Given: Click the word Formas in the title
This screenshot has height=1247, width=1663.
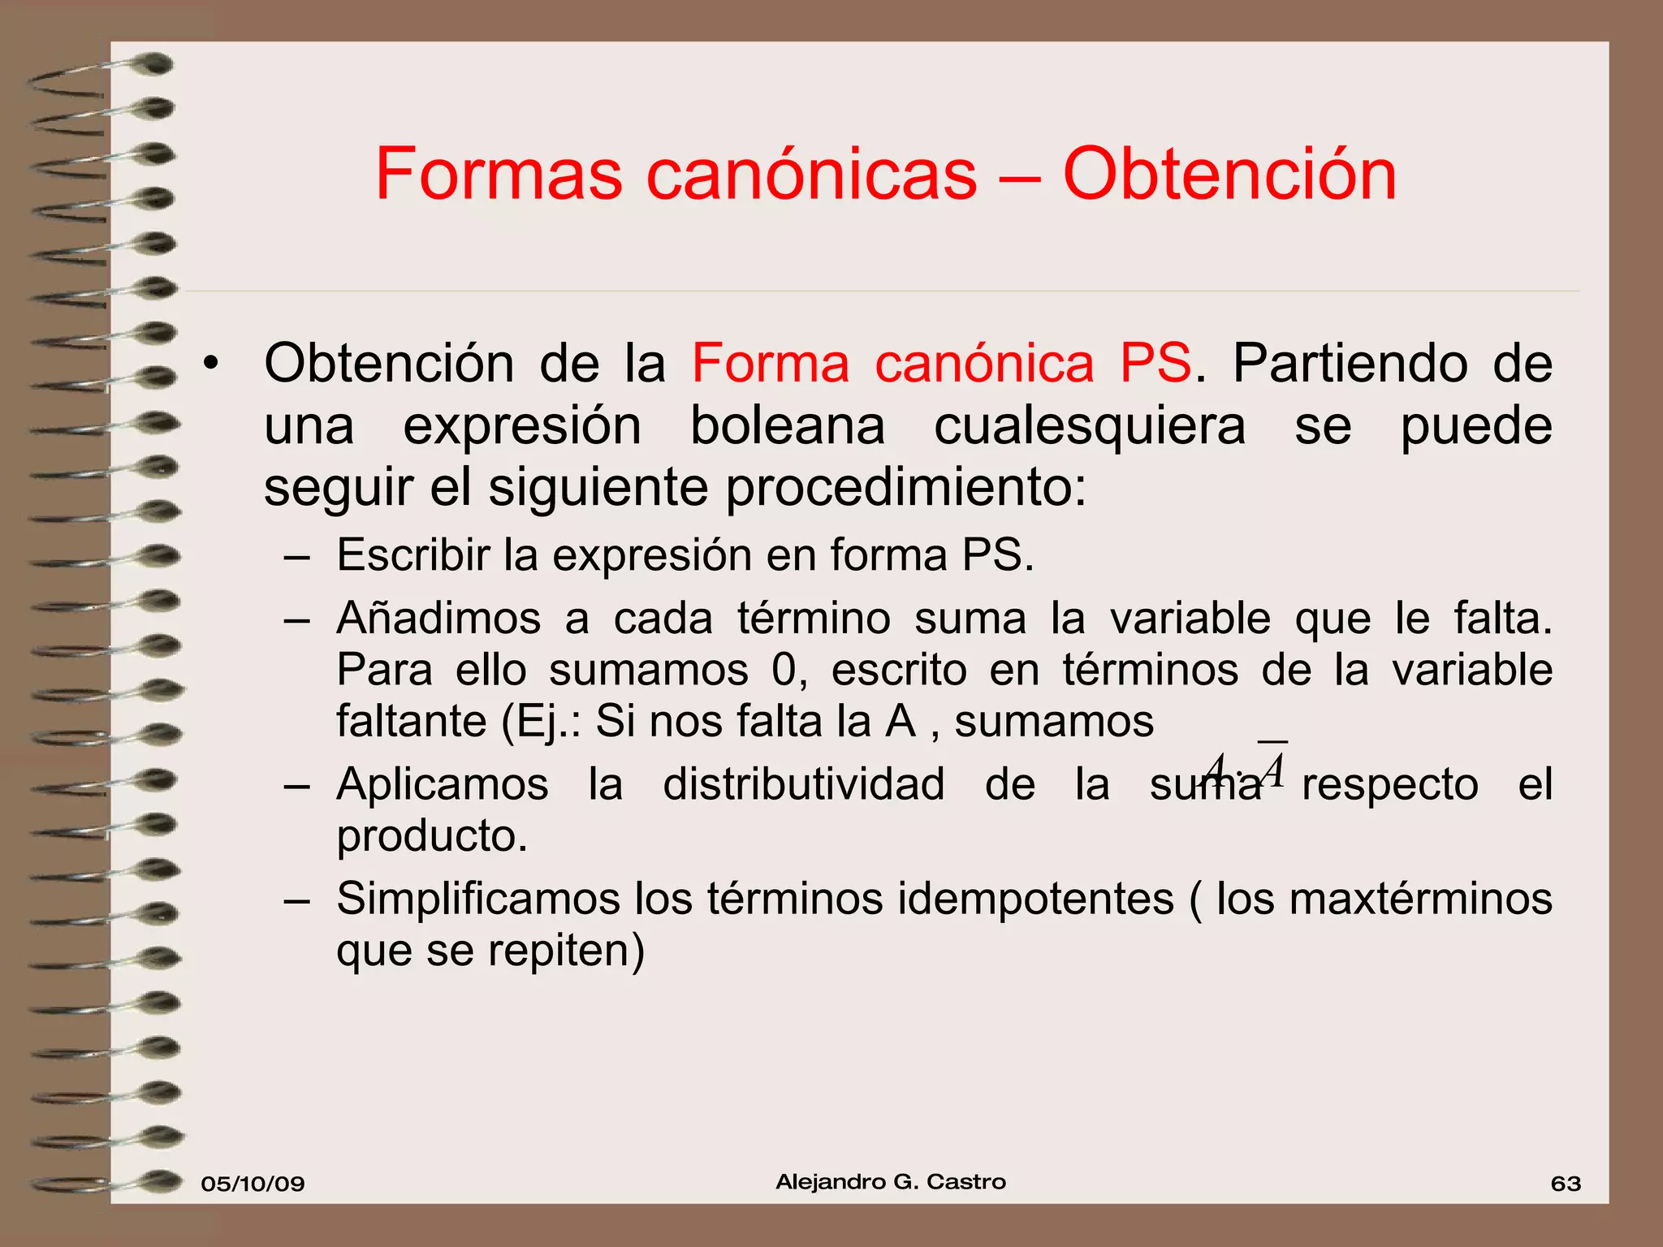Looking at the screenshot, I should click(499, 175).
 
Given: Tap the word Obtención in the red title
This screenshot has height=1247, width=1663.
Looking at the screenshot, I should click(1229, 175).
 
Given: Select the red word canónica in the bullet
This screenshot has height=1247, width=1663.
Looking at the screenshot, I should click(984, 363).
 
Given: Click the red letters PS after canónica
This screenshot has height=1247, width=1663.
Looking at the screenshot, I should click(1155, 363).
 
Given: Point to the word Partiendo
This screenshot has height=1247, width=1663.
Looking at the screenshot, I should click(1350, 363).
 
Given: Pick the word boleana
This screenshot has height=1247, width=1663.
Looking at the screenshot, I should click(787, 426).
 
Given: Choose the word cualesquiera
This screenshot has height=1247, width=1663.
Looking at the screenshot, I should click(1090, 426).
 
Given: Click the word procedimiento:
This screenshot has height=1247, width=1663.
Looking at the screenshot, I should click(905, 488).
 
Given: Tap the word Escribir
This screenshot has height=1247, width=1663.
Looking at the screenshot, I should click(413, 556).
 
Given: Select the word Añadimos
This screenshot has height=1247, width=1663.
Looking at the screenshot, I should click(438, 619).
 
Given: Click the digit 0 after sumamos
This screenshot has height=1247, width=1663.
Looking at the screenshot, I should click(785, 671).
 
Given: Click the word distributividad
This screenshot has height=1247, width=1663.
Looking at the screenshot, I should click(803, 785).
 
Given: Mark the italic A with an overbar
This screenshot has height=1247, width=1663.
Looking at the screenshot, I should click(1273, 769).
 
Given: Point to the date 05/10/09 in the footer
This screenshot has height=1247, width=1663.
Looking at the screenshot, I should click(253, 1184).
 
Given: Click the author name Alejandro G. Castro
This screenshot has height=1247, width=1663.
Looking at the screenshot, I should click(891, 1182).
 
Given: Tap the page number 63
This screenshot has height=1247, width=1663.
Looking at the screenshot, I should click(1566, 1184).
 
